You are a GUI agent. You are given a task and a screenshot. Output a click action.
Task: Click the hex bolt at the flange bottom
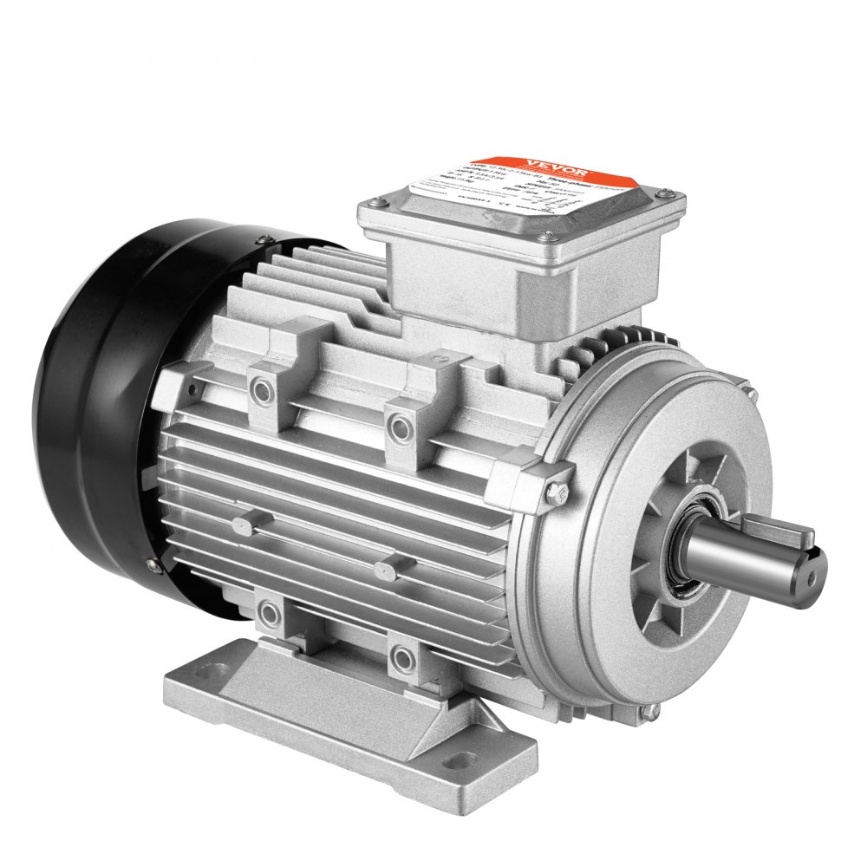[x=642, y=714]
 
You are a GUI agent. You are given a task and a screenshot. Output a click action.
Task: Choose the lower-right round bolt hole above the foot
[x=401, y=659]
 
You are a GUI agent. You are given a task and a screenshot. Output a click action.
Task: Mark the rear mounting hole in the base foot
[x=205, y=669]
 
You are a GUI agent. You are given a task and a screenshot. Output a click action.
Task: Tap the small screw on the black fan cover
[x=153, y=565]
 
